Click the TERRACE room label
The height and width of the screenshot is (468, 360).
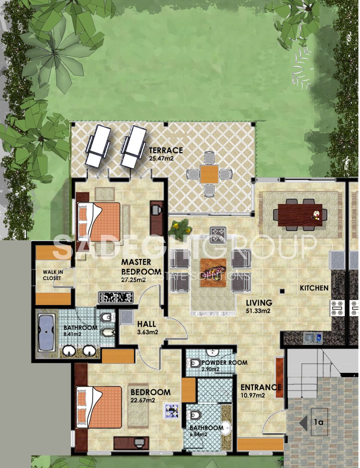[x=166, y=150]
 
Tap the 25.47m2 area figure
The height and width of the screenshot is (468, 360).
[x=161, y=159]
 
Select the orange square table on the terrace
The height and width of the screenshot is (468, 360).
[x=209, y=174]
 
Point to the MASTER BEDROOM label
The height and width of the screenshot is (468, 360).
[x=141, y=267]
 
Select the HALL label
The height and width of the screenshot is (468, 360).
[x=147, y=324]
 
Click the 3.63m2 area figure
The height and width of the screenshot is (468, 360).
[x=147, y=332]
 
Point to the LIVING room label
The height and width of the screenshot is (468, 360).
[x=259, y=303]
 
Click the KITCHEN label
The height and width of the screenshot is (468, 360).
[x=314, y=288]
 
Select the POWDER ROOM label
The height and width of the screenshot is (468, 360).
[x=224, y=363]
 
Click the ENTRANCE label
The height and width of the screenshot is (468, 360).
[x=261, y=387]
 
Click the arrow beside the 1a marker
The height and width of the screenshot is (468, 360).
[x=303, y=423]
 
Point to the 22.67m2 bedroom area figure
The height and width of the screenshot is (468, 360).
[x=143, y=400]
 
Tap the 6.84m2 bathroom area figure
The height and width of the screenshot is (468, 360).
[x=198, y=435]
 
